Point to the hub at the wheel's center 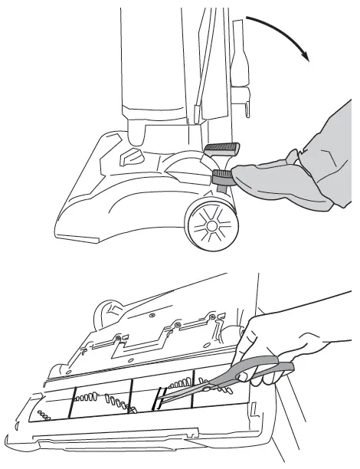pos(209,227)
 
